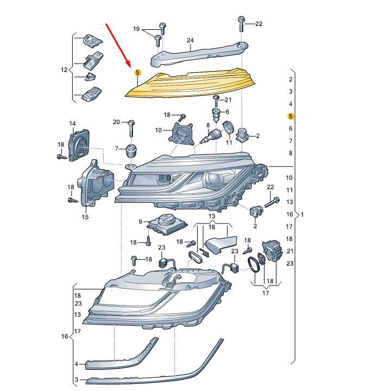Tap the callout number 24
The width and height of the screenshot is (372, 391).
coord(190,40)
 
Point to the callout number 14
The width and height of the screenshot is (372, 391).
coord(72,124)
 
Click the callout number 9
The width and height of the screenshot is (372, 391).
coord(140,221)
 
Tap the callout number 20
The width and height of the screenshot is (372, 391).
coord(116,121)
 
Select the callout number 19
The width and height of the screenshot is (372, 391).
coord(136,28)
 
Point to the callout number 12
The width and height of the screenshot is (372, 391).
coord(64,70)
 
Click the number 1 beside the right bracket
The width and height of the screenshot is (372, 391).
coord(302,214)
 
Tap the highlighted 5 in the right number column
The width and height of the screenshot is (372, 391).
coord(291,116)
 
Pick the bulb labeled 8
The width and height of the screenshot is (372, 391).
coord(213,135)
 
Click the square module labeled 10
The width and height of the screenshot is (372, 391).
coord(183,134)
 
